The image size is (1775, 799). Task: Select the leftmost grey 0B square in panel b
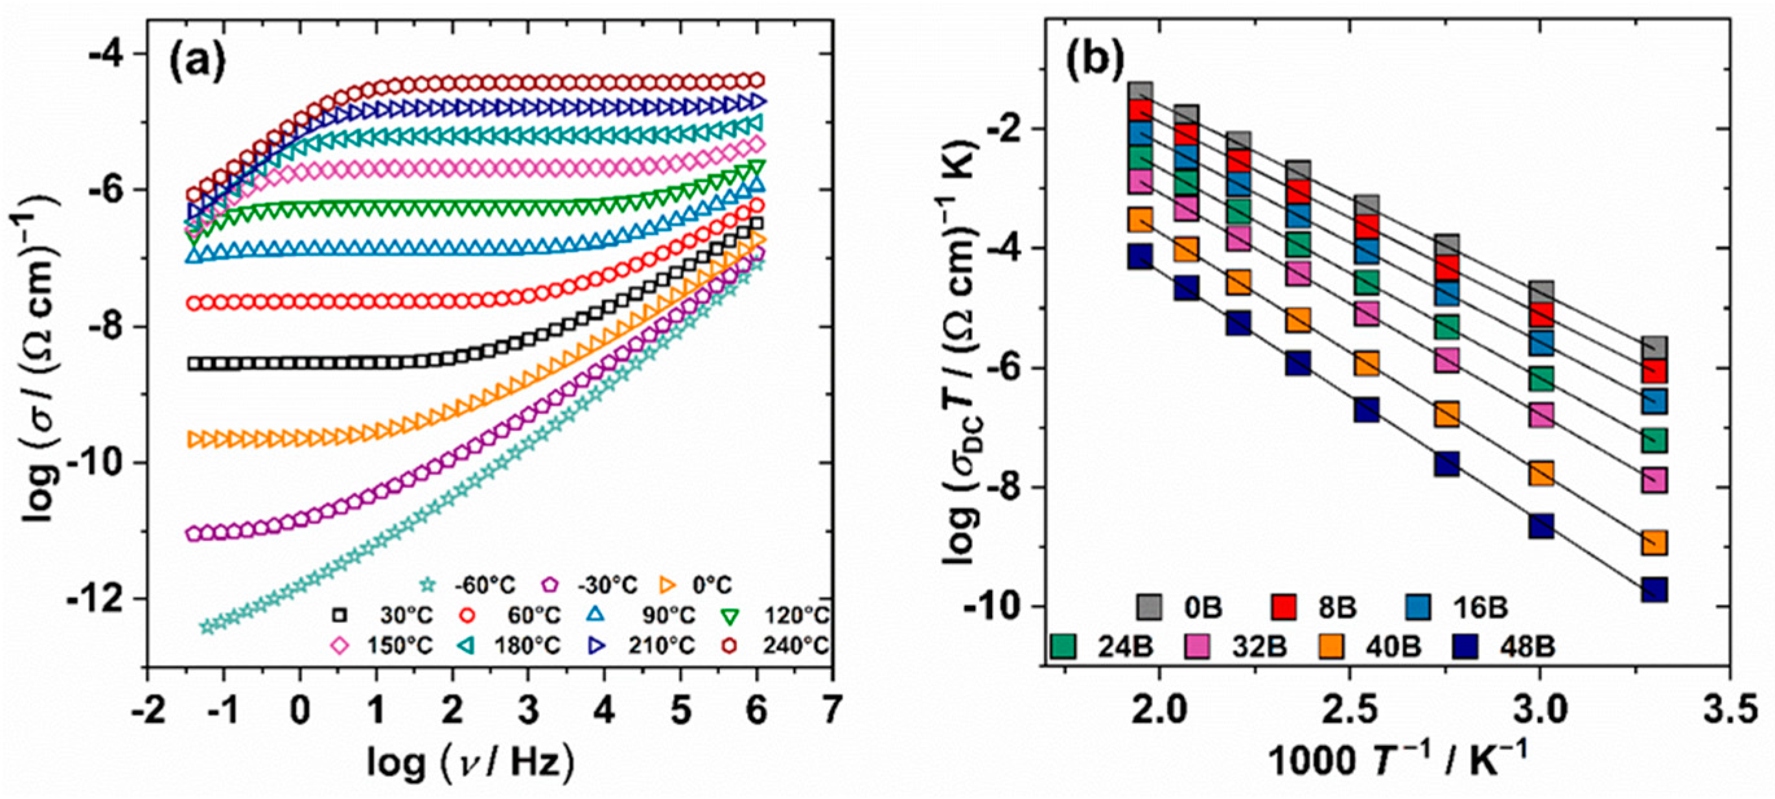coord(1141,91)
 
